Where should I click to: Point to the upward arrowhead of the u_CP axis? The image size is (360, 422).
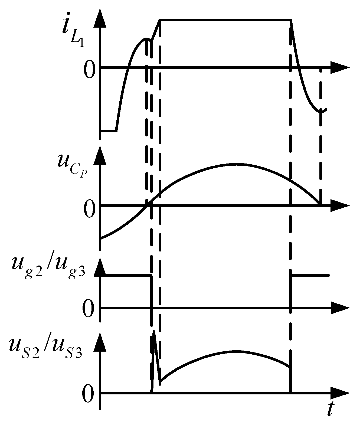tap(100, 156)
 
